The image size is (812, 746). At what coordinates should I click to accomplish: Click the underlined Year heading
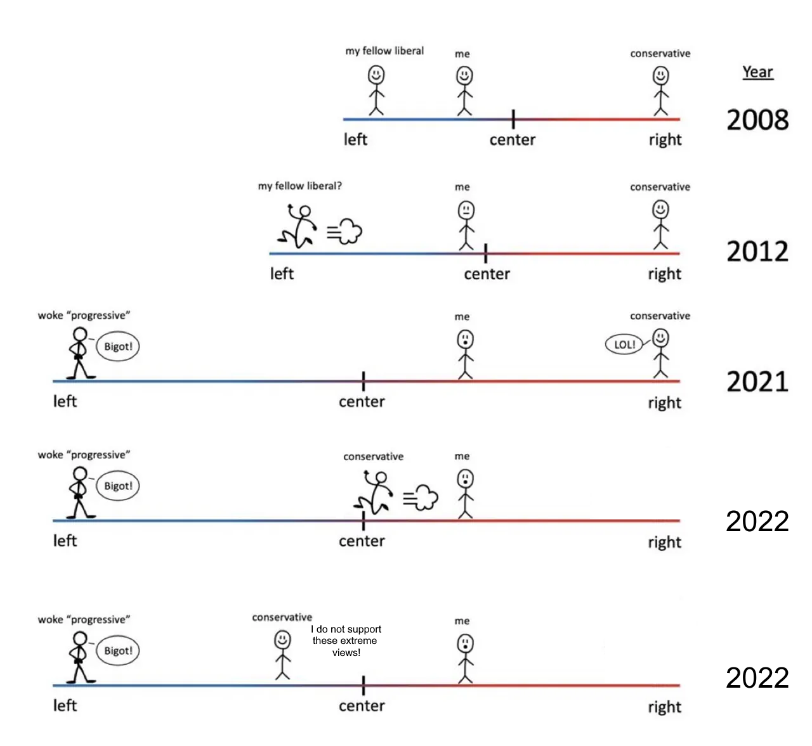click(x=757, y=72)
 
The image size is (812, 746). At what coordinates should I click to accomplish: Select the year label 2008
click(x=757, y=120)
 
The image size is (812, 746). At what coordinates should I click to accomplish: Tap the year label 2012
click(x=757, y=252)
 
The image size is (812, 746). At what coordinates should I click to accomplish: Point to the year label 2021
click(x=757, y=382)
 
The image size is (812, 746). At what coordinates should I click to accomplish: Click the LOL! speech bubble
click(x=624, y=344)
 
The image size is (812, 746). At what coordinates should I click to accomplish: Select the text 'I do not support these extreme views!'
click(x=346, y=641)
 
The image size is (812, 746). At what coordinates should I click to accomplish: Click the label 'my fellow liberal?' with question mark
click(x=299, y=186)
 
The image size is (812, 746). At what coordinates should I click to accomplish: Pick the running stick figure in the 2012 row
click(x=298, y=226)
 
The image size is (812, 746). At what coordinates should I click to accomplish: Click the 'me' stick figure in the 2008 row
click(x=464, y=91)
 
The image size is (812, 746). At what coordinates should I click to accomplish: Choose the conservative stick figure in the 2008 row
click(x=661, y=91)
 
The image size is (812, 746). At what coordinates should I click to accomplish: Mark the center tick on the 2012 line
click(x=485, y=253)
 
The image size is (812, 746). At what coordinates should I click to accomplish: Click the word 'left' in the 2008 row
click(x=355, y=139)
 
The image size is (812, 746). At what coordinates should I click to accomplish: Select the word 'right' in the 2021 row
click(x=664, y=403)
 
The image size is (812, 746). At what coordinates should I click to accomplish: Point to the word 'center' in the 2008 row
click(x=512, y=140)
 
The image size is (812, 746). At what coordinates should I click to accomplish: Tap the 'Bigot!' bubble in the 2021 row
click(x=118, y=347)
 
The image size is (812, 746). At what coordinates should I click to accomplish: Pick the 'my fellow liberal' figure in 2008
click(x=376, y=91)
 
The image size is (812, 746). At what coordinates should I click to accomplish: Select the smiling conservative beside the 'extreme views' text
click(x=282, y=655)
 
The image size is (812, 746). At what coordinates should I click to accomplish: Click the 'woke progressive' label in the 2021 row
click(x=84, y=316)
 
